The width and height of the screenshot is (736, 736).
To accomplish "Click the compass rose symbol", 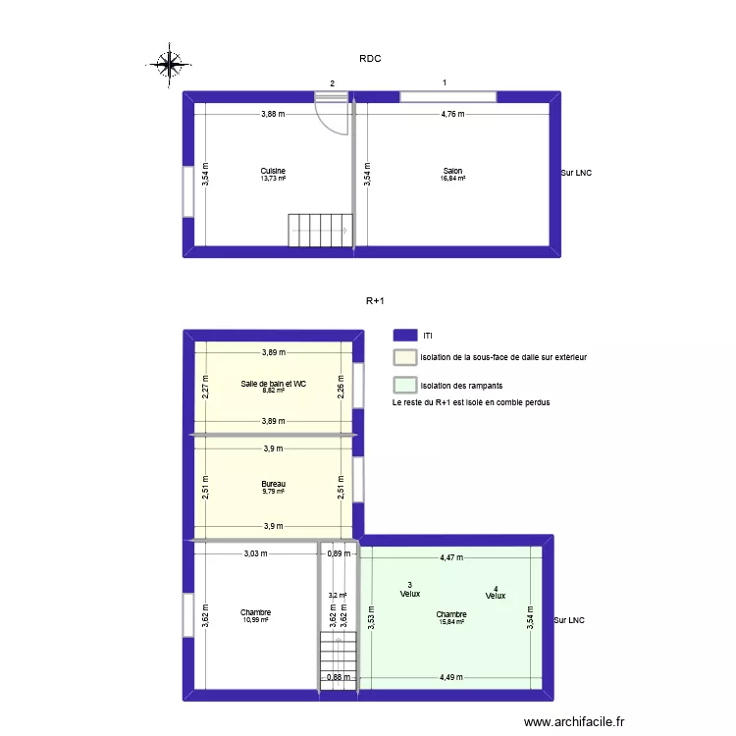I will (169, 65).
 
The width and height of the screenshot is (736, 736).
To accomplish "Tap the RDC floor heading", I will (369, 59).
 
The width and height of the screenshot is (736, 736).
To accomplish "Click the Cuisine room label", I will (273, 171).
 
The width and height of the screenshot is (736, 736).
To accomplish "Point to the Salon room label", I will (453, 171).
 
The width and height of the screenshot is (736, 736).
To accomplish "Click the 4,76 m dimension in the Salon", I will (452, 114).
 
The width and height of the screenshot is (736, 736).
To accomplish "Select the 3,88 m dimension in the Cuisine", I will (273, 114).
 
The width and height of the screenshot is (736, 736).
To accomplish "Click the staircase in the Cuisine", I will (319, 230).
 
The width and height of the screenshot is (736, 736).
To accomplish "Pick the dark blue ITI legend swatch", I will (403, 335).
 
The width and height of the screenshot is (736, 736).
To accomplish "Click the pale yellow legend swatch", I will (403, 358).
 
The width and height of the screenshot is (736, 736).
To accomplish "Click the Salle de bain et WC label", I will (273, 384).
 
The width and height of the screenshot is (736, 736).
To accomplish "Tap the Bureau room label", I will (273, 484).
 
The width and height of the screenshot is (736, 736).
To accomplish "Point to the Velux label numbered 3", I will (409, 590).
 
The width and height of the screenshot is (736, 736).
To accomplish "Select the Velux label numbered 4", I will (495, 593).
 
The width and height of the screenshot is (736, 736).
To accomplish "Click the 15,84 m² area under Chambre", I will (452, 621).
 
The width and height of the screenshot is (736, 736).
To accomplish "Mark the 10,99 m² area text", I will (255, 619).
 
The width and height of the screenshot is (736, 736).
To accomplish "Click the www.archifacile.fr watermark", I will (574, 721).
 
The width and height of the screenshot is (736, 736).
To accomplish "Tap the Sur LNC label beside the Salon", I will (576, 174).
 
